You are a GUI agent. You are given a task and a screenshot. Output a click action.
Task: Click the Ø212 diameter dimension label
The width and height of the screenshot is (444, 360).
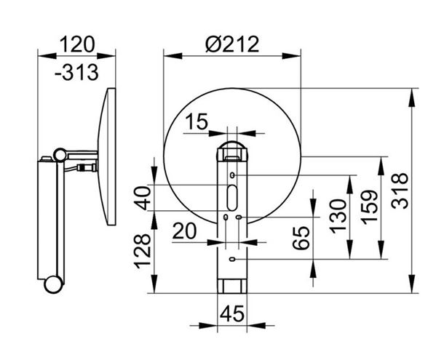point(232,44)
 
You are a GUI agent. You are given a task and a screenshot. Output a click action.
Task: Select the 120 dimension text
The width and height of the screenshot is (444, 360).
point(77,44)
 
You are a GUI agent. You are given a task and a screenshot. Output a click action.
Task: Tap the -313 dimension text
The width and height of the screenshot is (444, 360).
point(76,73)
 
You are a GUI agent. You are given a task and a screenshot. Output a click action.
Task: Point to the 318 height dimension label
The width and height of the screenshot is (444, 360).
point(400,191)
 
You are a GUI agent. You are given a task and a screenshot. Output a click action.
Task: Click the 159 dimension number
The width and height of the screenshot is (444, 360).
point(370,207)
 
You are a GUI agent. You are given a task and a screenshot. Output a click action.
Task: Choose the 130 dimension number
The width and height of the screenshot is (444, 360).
point(338,216)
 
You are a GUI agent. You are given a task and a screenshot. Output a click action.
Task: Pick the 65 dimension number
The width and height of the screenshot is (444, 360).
point(301,238)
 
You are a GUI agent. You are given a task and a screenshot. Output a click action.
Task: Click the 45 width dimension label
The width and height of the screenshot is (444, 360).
point(232,313)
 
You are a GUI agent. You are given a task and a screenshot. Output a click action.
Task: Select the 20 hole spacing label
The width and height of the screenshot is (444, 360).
point(184,231)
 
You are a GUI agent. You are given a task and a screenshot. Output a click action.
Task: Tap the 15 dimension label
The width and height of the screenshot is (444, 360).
point(197,121)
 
